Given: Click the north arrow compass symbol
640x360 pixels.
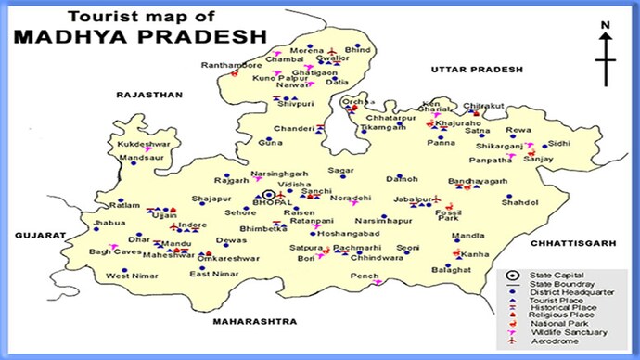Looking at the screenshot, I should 606,58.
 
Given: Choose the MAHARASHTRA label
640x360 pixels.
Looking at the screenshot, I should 253,321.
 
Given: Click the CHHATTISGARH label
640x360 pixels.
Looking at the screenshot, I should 573,242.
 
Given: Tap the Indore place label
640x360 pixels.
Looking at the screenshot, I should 192,225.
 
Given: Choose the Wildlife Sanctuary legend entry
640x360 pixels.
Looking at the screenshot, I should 568,332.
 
